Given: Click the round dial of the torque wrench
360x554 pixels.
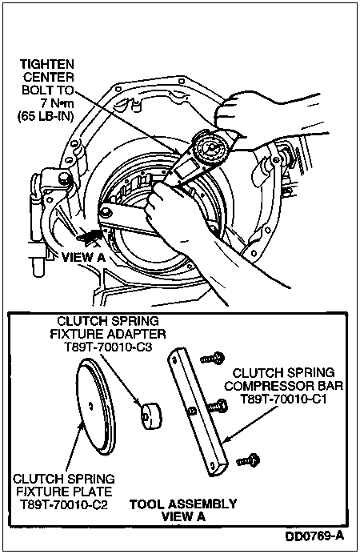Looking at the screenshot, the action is (211, 147).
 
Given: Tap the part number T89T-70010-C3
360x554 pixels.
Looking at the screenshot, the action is (109, 347).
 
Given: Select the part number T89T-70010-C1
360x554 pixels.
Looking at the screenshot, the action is (283, 399).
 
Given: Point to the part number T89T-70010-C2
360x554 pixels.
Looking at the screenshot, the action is (63, 504).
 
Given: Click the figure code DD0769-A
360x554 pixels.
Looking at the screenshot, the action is (314, 536).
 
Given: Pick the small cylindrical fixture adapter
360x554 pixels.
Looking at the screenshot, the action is (152, 415).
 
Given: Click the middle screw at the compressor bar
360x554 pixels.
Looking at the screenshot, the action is (216, 406).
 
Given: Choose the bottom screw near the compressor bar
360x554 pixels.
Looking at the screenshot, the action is (249, 460).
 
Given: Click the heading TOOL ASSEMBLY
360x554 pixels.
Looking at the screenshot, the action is (183, 504).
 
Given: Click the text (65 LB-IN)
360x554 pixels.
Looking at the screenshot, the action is (46, 116).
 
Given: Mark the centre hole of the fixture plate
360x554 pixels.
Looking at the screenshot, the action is (91, 406).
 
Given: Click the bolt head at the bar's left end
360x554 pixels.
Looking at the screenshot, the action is (105, 212).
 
